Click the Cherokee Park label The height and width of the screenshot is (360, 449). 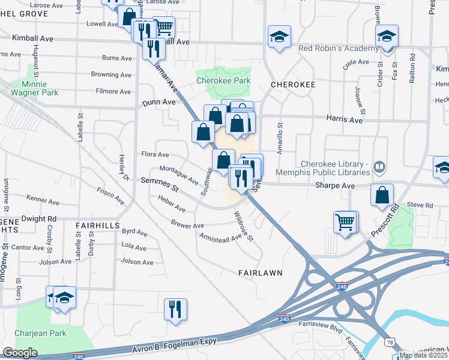coord(223,80)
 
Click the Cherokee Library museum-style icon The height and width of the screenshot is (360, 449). coord(379,166)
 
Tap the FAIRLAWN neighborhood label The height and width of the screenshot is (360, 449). coord(260,272)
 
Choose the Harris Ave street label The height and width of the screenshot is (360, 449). coord(344,120)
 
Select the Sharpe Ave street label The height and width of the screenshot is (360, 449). coord(336,186)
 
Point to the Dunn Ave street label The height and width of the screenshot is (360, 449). coord(159,103)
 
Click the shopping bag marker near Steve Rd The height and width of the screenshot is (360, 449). coord(382,195)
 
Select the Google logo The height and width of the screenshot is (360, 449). coord(20,353)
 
